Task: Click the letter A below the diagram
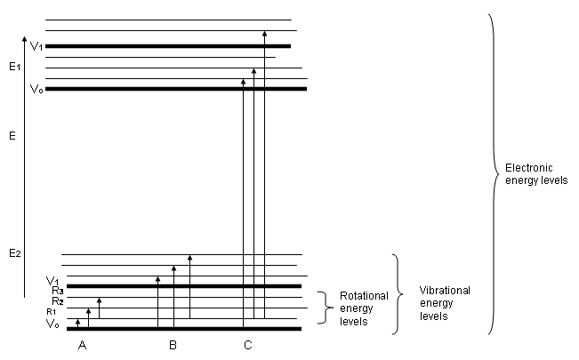82,344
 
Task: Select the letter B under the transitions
173,344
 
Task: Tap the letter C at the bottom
247,344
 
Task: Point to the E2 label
14,254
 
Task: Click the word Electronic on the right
529,167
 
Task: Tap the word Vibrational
445,291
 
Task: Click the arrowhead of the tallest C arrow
264,34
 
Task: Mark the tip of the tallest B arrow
189,258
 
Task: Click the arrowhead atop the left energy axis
24,38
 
